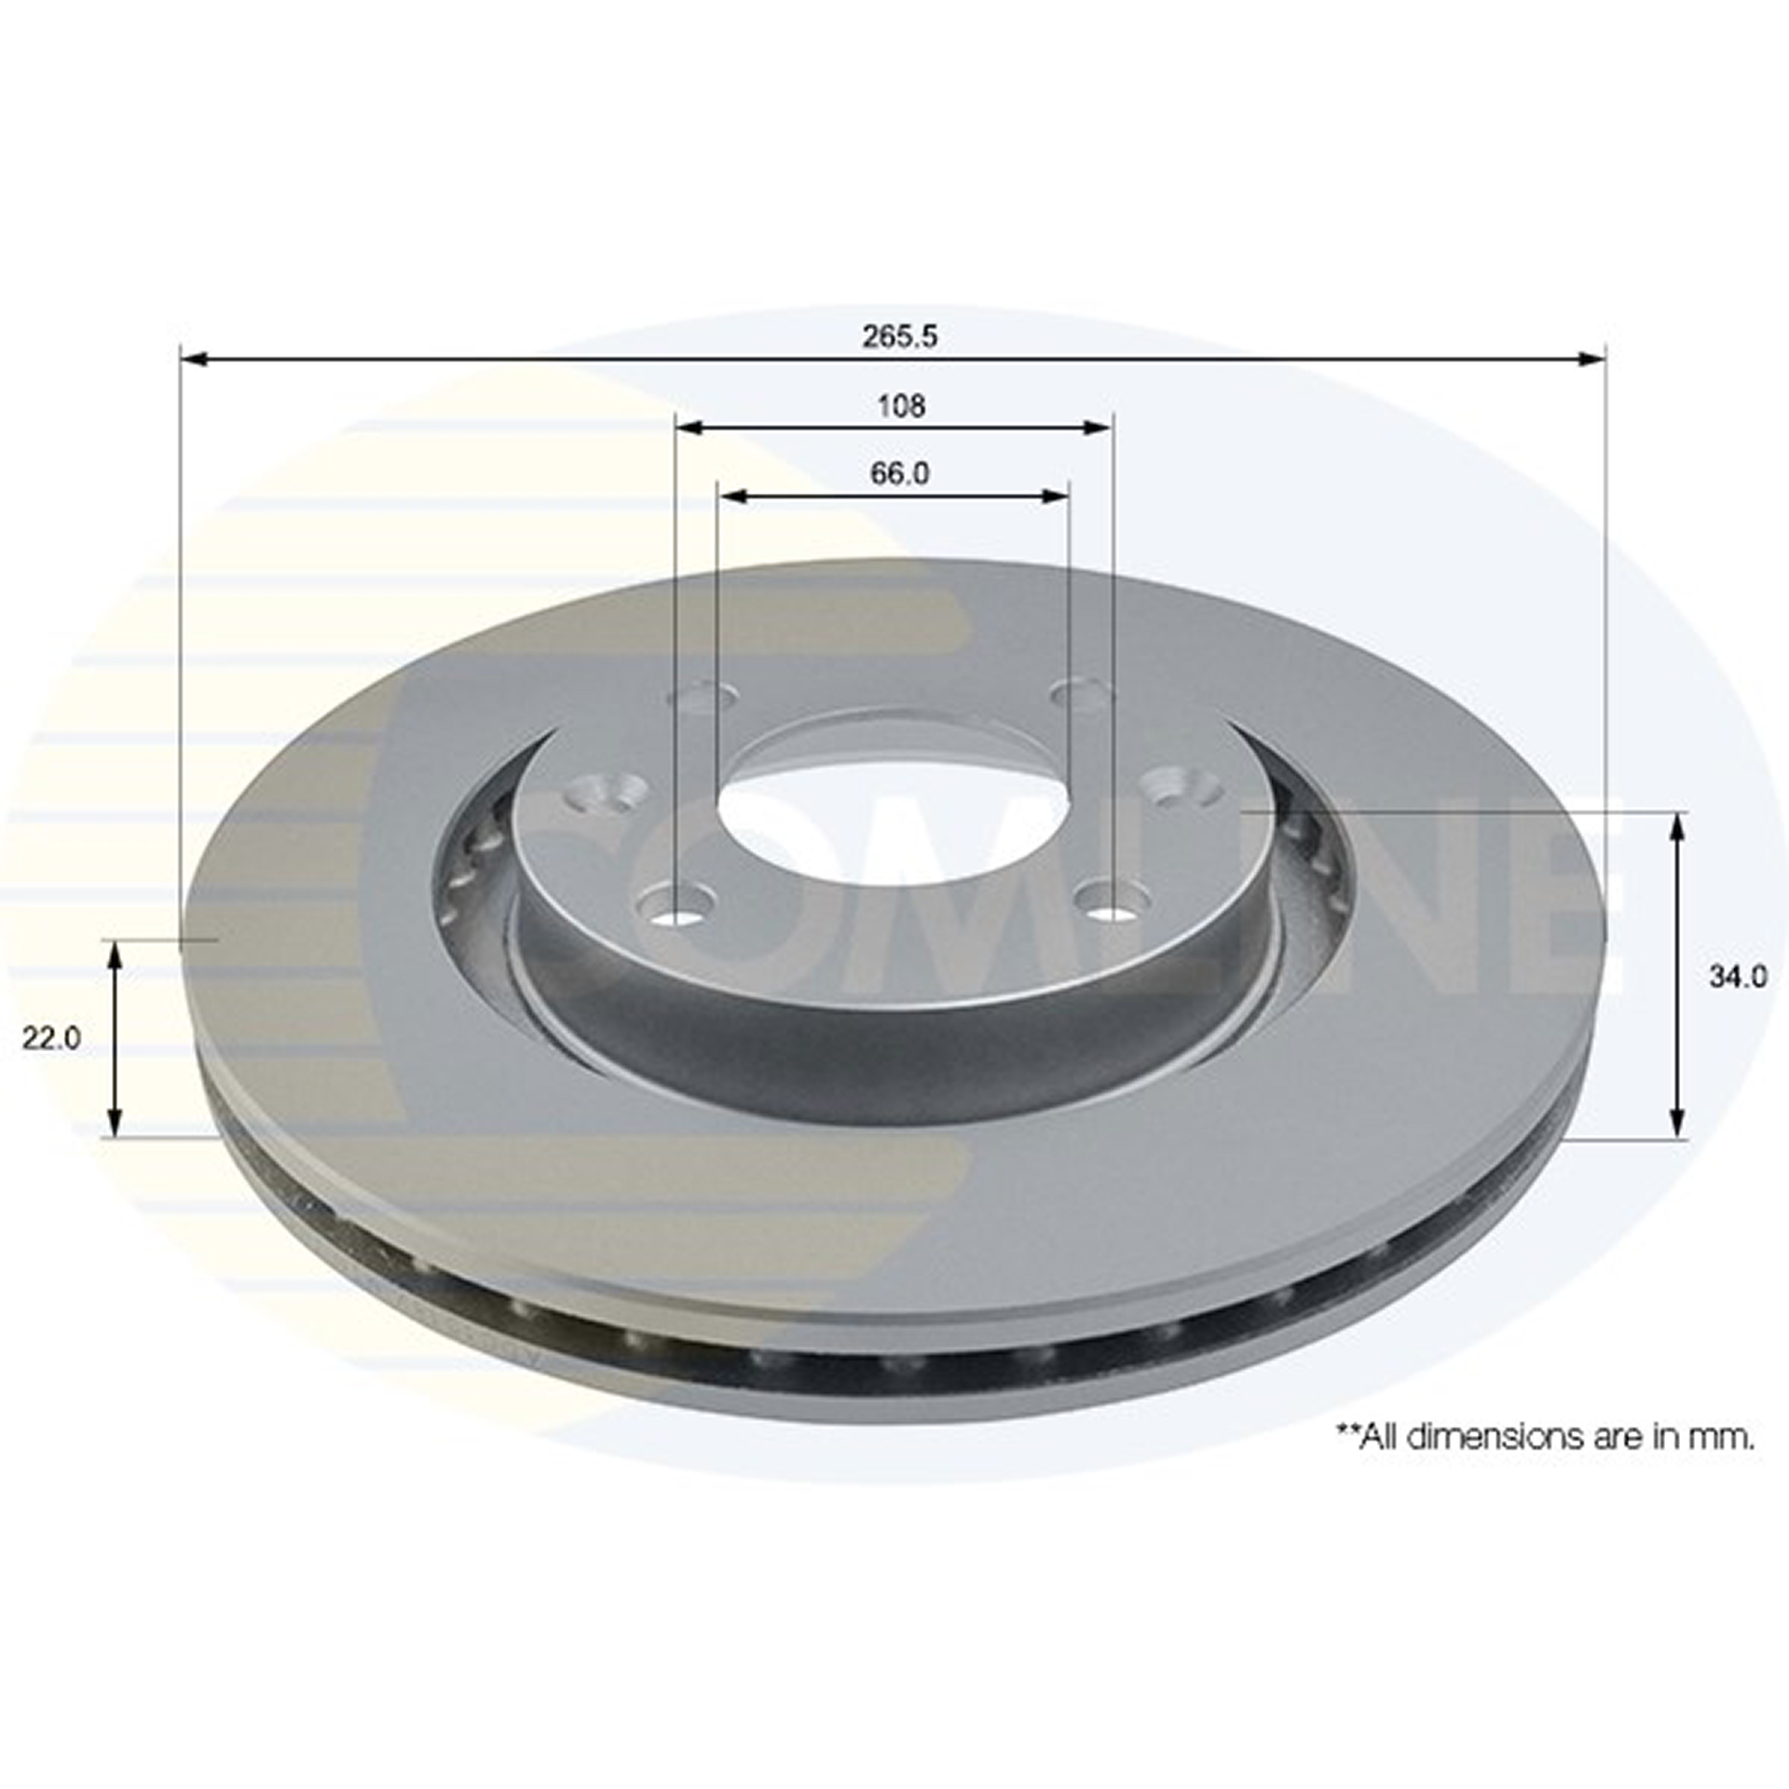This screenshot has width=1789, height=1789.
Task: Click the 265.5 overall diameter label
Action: click(x=899, y=336)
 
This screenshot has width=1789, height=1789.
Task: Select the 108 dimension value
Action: click(x=901, y=405)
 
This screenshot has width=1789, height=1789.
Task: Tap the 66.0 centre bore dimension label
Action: click(x=899, y=473)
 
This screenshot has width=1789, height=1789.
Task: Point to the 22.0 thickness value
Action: click(x=52, y=1039)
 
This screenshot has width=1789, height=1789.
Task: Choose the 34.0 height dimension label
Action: click(x=1738, y=976)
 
